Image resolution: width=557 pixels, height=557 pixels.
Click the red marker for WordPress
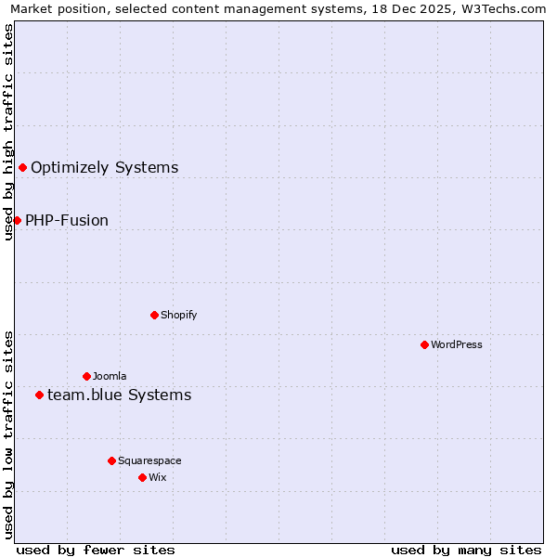point(424,344)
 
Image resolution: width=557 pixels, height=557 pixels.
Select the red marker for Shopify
point(154,315)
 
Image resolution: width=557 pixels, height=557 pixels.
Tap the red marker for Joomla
point(86,376)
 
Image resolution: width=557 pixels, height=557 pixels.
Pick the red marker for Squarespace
point(111,460)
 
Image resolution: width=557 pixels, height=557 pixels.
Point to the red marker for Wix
point(142,477)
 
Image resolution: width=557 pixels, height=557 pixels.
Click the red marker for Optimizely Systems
point(22,167)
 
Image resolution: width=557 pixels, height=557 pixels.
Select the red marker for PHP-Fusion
point(17,220)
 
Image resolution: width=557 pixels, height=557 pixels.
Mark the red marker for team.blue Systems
point(39,395)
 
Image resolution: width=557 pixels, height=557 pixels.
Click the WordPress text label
point(457,344)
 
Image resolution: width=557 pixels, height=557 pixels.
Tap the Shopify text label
point(179,315)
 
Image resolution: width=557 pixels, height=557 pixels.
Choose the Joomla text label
point(110,376)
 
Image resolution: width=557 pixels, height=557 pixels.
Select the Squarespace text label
point(149,460)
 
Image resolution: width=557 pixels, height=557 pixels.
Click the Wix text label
point(157,477)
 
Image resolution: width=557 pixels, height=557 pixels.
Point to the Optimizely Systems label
point(105,167)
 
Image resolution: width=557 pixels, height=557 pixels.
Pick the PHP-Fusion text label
point(67,220)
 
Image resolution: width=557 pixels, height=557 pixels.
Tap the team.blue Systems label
point(120,395)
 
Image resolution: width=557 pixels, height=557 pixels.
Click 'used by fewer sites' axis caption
point(96,550)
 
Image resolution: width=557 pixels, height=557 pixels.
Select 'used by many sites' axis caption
point(466,550)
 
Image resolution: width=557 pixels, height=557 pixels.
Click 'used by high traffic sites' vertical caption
point(8,132)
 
